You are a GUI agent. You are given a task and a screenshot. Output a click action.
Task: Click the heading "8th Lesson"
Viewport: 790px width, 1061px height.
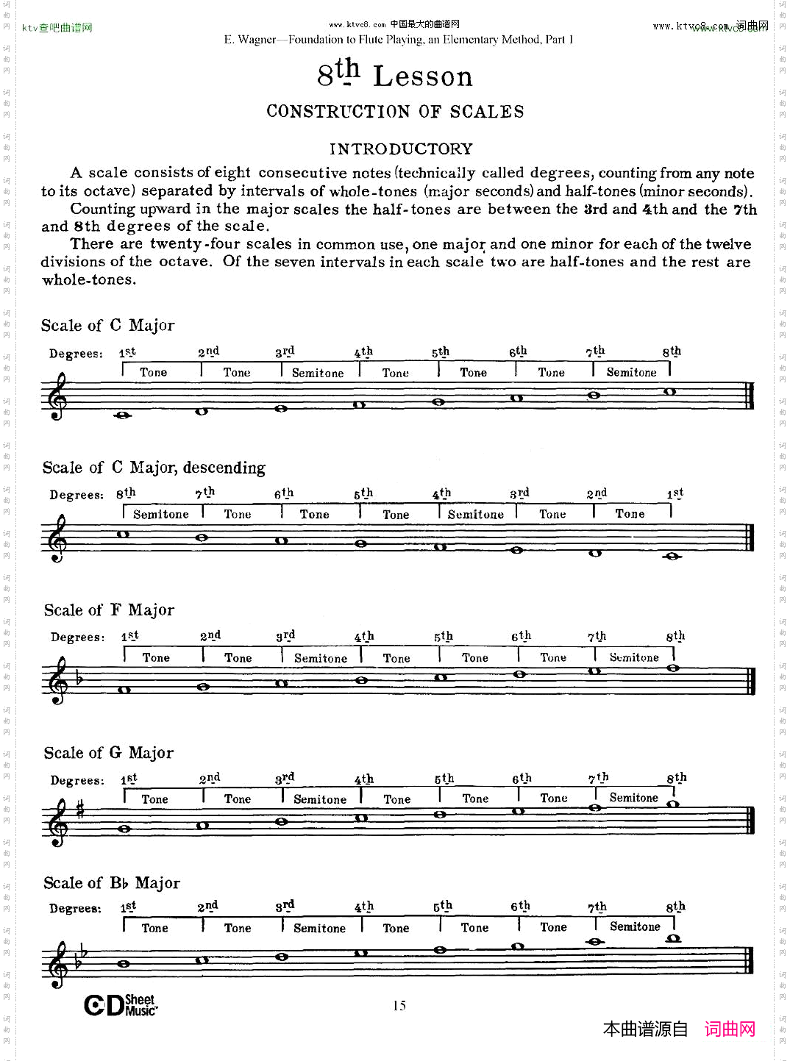[395, 75]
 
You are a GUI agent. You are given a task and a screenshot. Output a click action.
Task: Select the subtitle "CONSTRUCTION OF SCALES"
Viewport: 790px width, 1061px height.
[395, 112]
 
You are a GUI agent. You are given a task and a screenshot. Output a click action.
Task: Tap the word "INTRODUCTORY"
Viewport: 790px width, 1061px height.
[401, 149]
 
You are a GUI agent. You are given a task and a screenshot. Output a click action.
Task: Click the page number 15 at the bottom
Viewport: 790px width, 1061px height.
[399, 1005]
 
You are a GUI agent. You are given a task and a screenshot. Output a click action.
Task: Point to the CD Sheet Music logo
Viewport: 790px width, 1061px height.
[121, 1005]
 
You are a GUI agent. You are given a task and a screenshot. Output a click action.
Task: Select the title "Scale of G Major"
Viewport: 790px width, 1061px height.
[109, 753]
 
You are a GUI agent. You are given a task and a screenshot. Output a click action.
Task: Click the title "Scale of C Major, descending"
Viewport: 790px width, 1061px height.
[154, 468]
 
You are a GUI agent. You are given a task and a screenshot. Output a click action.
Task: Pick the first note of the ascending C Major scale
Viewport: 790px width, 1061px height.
[123, 415]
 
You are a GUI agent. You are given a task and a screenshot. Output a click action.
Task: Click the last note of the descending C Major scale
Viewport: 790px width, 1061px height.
[672, 557]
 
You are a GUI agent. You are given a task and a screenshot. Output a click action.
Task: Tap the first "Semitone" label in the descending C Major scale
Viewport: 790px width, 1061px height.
[161, 515]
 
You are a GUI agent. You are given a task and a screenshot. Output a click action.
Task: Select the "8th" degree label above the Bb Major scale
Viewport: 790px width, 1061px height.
[675, 907]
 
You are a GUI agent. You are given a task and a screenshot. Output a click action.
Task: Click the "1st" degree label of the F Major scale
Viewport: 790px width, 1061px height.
[130, 636]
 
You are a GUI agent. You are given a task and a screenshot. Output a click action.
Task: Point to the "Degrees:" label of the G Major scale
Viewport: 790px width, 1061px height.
[77, 780]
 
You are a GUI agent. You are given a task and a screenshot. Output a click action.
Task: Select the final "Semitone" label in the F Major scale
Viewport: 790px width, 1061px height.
[634, 657]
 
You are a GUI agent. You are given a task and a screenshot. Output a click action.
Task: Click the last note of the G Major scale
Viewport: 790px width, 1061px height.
[672, 804]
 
